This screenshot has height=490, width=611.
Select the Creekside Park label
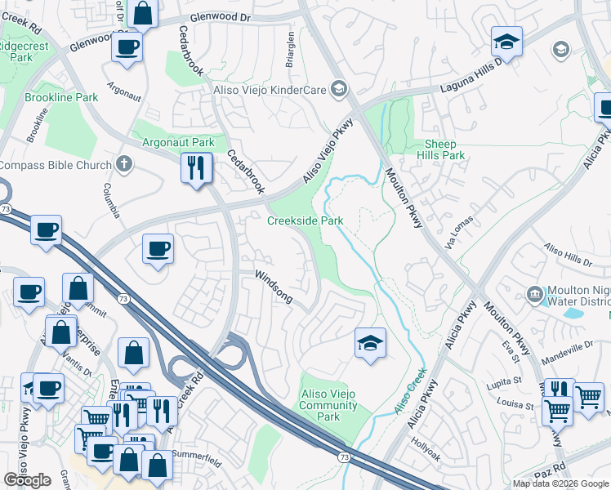coord(305,220)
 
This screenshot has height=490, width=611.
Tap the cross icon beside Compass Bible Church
coord(124,165)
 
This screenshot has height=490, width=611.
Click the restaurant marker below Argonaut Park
coord(196,169)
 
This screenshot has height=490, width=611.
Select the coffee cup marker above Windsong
coord(158,249)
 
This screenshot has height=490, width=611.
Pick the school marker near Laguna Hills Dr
coord(506,42)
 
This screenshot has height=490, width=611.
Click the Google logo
coord(27,480)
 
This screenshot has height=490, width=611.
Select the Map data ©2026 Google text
coord(560,483)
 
